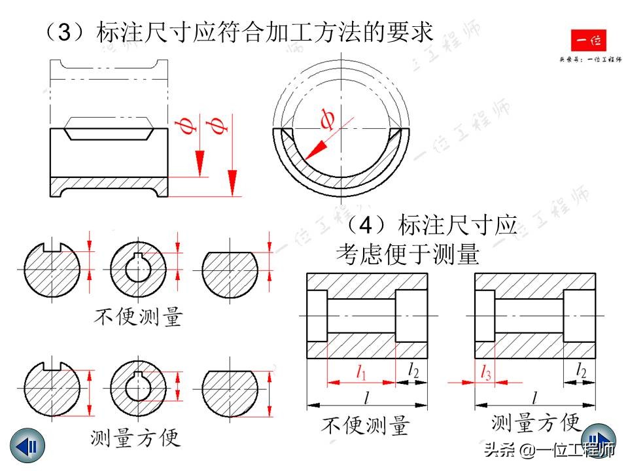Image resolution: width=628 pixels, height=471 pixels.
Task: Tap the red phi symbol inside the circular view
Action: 328,119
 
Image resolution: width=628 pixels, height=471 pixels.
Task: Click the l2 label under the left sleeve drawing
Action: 413,371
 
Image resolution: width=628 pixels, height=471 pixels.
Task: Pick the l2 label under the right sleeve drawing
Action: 580,371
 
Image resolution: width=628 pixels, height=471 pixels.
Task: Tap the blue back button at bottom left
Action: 27,447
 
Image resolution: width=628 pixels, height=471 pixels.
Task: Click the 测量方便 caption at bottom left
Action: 135,436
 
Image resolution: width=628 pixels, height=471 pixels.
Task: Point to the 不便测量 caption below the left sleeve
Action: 366,425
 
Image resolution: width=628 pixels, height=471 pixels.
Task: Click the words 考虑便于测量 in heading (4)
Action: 408,254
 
